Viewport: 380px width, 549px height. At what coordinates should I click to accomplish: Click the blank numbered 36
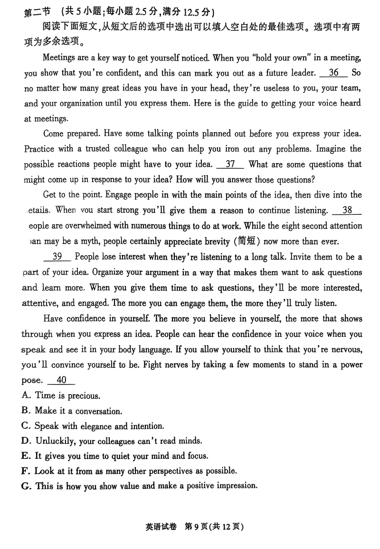[x=334, y=73]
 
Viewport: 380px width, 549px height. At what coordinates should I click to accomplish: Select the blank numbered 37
[x=230, y=164]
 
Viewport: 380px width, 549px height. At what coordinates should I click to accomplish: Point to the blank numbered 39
[x=57, y=256]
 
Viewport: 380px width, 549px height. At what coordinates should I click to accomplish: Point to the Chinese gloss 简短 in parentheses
[x=246, y=241]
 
